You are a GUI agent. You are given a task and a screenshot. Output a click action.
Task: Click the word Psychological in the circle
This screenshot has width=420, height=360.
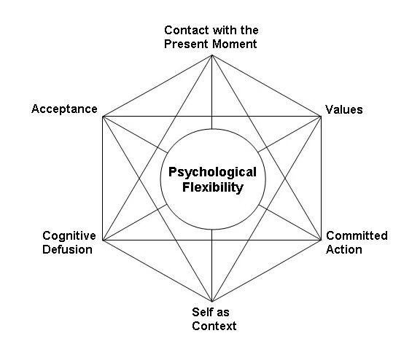tap(212, 173)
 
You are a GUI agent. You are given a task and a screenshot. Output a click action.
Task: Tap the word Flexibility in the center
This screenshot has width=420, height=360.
tap(213, 187)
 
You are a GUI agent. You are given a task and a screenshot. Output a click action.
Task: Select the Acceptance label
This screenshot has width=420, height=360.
tap(64, 109)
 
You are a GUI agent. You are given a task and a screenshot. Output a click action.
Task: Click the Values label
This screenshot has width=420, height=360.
tap(344, 109)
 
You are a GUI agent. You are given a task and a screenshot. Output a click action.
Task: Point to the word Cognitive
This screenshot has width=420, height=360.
tap(69, 236)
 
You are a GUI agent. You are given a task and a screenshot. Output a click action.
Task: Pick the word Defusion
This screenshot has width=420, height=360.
tap(67, 249)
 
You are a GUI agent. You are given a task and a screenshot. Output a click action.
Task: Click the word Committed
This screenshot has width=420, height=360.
tap(357, 235)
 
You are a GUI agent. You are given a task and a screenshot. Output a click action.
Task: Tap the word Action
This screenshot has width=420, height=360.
tap(344, 249)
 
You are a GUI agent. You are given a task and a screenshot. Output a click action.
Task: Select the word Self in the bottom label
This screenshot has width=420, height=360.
tap(201, 312)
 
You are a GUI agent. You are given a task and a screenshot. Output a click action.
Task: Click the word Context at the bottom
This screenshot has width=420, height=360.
tap(214, 326)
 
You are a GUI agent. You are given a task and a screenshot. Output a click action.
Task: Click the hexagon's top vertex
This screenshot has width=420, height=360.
tap(212, 55)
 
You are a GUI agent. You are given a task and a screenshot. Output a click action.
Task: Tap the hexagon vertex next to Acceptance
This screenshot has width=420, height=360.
tap(103, 117)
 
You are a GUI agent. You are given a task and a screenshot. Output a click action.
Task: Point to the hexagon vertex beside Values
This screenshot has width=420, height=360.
tap(321, 117)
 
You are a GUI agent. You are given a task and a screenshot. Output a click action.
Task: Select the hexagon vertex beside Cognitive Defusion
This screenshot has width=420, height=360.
tap(103, 240)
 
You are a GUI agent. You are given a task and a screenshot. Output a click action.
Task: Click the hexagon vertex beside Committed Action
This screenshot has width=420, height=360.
tap(321, 240)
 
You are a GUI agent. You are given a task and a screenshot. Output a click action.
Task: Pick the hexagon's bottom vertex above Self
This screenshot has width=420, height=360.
tap(212, 302)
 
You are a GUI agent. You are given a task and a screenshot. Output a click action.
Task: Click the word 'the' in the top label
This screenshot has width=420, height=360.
tap(249, 30)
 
